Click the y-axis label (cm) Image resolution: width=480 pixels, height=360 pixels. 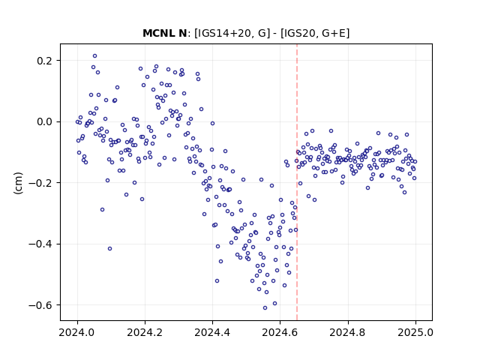18,183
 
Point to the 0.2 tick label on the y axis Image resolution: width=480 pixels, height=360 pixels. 44,61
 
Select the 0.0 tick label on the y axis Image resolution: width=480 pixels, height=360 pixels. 44,121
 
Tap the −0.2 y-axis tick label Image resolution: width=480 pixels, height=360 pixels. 40,183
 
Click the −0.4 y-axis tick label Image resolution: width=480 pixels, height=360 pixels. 40,244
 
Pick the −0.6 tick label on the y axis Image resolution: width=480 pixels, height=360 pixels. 40,305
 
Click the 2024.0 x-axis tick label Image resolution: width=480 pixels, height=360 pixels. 77,332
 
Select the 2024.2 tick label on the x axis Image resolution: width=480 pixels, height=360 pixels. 145,332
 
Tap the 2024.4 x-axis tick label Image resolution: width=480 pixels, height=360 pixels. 212,332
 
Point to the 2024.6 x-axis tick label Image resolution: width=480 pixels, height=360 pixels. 280,332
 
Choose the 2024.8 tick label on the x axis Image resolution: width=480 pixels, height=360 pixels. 347,332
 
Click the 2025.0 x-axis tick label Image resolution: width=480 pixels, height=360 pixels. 415,332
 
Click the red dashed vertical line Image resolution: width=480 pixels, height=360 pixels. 297,182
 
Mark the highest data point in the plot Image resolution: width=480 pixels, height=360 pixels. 95,56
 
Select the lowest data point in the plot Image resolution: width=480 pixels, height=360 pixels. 265,308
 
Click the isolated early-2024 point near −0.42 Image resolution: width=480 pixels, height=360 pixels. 110,248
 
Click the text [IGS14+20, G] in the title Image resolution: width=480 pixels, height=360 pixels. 232,33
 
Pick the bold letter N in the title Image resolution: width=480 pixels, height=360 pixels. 183,33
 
